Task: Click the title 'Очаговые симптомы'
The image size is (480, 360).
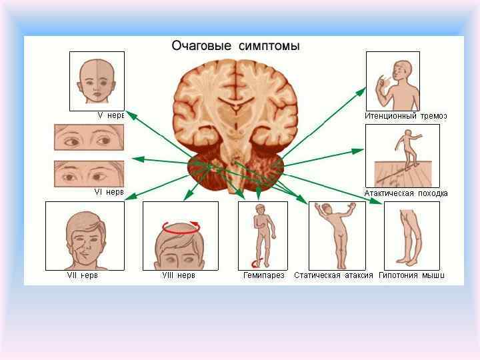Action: (235, 46)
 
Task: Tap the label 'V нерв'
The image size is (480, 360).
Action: (111, 115)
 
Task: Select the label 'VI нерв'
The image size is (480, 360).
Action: (109, 192)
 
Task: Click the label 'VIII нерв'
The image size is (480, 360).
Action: (179, 275)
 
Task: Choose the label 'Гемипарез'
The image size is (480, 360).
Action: (263, 275)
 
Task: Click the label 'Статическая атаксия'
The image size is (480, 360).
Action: (333, 275)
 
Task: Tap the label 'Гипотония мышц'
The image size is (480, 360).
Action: (411, 275)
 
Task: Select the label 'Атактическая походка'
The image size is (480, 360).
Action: (405, 193)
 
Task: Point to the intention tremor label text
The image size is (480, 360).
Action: (405, 116)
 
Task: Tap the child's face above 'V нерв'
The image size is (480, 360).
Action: (97, 81)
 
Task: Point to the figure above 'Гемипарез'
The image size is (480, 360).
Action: (263, 235)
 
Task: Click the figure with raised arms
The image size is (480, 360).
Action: (337, 235)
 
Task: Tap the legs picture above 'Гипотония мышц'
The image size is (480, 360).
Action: (411, 235)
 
